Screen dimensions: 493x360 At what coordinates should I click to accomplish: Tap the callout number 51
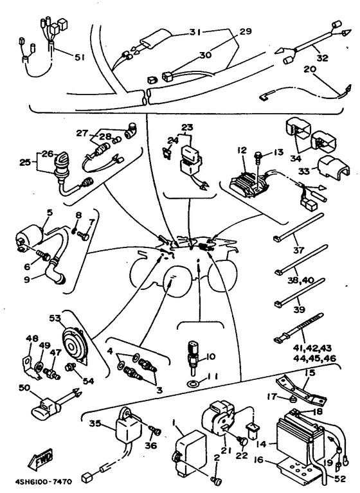point(79,57)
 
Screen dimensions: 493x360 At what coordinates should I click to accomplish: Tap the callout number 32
point(322,57)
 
